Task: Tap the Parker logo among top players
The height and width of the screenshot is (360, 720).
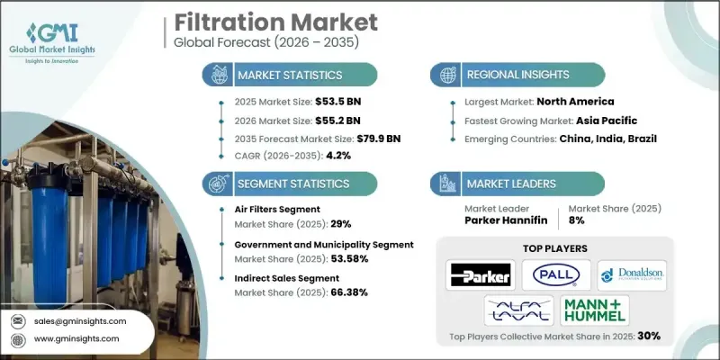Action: pos(481,274)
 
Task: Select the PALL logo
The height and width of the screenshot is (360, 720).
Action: pos(558,274)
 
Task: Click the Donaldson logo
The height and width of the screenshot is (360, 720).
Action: pos(632,274)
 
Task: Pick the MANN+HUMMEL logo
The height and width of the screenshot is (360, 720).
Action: pos(594,310)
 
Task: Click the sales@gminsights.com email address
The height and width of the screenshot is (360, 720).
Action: pos(80,320)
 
